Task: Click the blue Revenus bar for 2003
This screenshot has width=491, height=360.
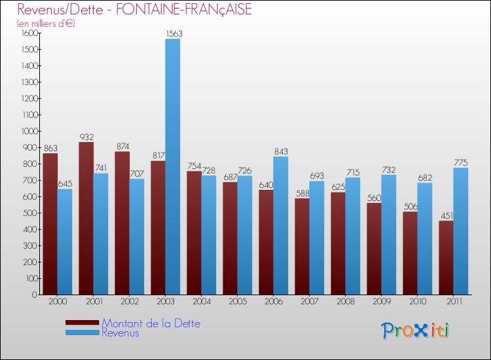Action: point(172,167)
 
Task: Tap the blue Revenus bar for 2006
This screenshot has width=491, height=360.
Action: point(280,226)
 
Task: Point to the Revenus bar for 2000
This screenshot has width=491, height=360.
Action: point(64,242)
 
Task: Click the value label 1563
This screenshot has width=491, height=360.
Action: point(173,33)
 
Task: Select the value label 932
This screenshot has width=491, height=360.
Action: point(86,137)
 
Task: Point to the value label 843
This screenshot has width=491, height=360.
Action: point(281,151)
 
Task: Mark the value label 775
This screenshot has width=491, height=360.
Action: point(460,162)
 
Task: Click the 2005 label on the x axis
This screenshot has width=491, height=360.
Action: point(237,302)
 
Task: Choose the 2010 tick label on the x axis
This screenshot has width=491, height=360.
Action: point(417,302)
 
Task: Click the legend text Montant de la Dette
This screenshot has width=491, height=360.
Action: point(151,323)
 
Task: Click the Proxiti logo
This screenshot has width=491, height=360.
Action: point(416,331)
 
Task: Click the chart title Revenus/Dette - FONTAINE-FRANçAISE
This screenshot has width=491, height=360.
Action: point(134,10)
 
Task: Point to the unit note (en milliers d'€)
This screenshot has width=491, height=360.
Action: point(46,24)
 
